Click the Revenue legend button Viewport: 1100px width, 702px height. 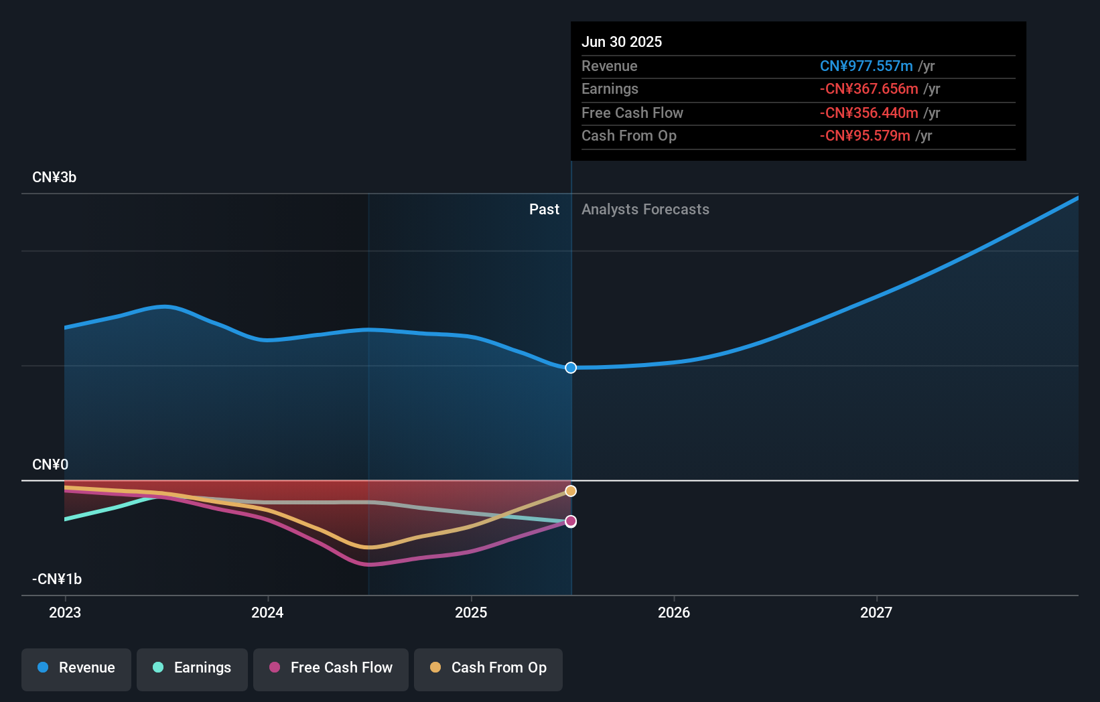(x=76, y=668)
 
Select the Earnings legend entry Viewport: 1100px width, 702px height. (x=192, y=668)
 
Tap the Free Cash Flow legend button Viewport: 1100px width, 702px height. (x=331, y=668)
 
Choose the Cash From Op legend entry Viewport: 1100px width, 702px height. (x=488, y=668)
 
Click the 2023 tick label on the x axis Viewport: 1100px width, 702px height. (x=65, y=612)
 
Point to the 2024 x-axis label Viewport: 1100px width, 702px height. (x=267, y=612)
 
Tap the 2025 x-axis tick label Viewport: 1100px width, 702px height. (x=471, y=612)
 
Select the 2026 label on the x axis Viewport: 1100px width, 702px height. (x=674, y=612)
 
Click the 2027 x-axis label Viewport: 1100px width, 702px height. (x=876, y=612)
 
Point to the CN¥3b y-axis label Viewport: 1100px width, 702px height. (x=54, y=178)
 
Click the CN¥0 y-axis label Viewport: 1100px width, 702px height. (x=50, y=465)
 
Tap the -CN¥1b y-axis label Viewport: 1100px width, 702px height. (x=57, y=579)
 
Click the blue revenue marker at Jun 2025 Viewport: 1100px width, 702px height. (x=571, y=368)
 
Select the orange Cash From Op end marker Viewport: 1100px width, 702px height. (x=571, y=491)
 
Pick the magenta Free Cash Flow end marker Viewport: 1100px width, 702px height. (x=571, y=521)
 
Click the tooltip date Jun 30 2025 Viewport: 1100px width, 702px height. (x=622, y=42)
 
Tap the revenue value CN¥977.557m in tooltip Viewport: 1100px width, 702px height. (x=866, y=66)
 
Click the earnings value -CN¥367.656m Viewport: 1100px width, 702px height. (x=869, y=89)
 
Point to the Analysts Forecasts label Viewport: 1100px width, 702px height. (x=645, y=210)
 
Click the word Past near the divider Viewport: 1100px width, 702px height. (x=544, y=210)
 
